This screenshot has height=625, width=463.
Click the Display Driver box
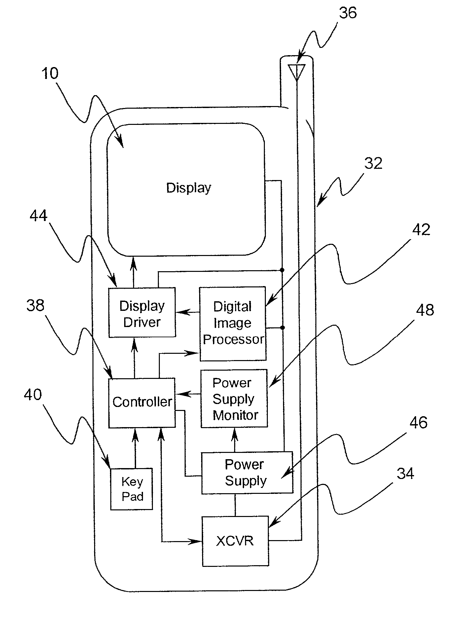142,312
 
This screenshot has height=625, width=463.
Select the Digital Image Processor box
233,323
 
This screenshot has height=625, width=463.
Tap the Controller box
142,403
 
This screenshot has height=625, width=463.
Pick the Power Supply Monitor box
234,398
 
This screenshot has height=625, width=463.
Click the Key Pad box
131,489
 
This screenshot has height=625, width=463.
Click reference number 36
348,13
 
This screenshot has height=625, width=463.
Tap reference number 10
50,73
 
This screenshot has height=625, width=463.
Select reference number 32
373,164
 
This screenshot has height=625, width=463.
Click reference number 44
39,216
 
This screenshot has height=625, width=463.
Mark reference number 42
421,230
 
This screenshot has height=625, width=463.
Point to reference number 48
425,310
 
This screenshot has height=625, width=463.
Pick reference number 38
35,306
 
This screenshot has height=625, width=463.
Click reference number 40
33,394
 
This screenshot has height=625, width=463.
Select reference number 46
418,423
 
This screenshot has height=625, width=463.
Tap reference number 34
405,474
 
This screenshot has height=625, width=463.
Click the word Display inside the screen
189,188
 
